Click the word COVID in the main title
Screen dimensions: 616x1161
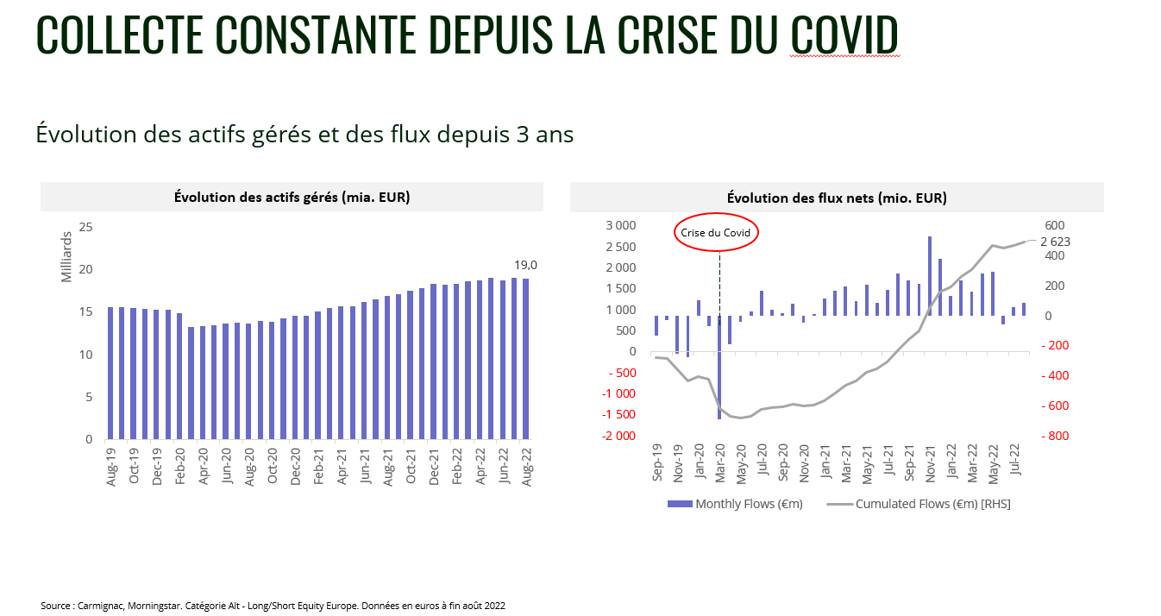click(x=844, y=34)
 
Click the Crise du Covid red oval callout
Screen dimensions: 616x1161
click(x=716, y=233)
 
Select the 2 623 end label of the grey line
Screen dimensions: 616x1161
click(x=1055, y=242)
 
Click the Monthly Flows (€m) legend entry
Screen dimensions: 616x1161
click(x=736, y=504)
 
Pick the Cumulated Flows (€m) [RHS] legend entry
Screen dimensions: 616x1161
click(x=920, y=504)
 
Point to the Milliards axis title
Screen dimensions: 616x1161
click(x=67, y=256)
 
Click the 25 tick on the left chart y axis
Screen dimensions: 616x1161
click(x=85, y=228)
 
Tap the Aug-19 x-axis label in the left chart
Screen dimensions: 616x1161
click(x=111, y=467)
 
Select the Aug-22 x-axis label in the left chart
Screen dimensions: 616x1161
click(x=526, y=467)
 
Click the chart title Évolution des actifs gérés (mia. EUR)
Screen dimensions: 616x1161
click(x=292, y=197)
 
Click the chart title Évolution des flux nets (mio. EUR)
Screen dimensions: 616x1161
click(x=837, y=198)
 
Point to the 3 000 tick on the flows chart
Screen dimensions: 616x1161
click(x=620, y=226)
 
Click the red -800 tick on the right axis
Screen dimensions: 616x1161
click(x=1057, y=436)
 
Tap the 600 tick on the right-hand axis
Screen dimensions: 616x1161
click(x=1055, y=226)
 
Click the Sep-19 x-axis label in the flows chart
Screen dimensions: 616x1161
click(x=657, y=462)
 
